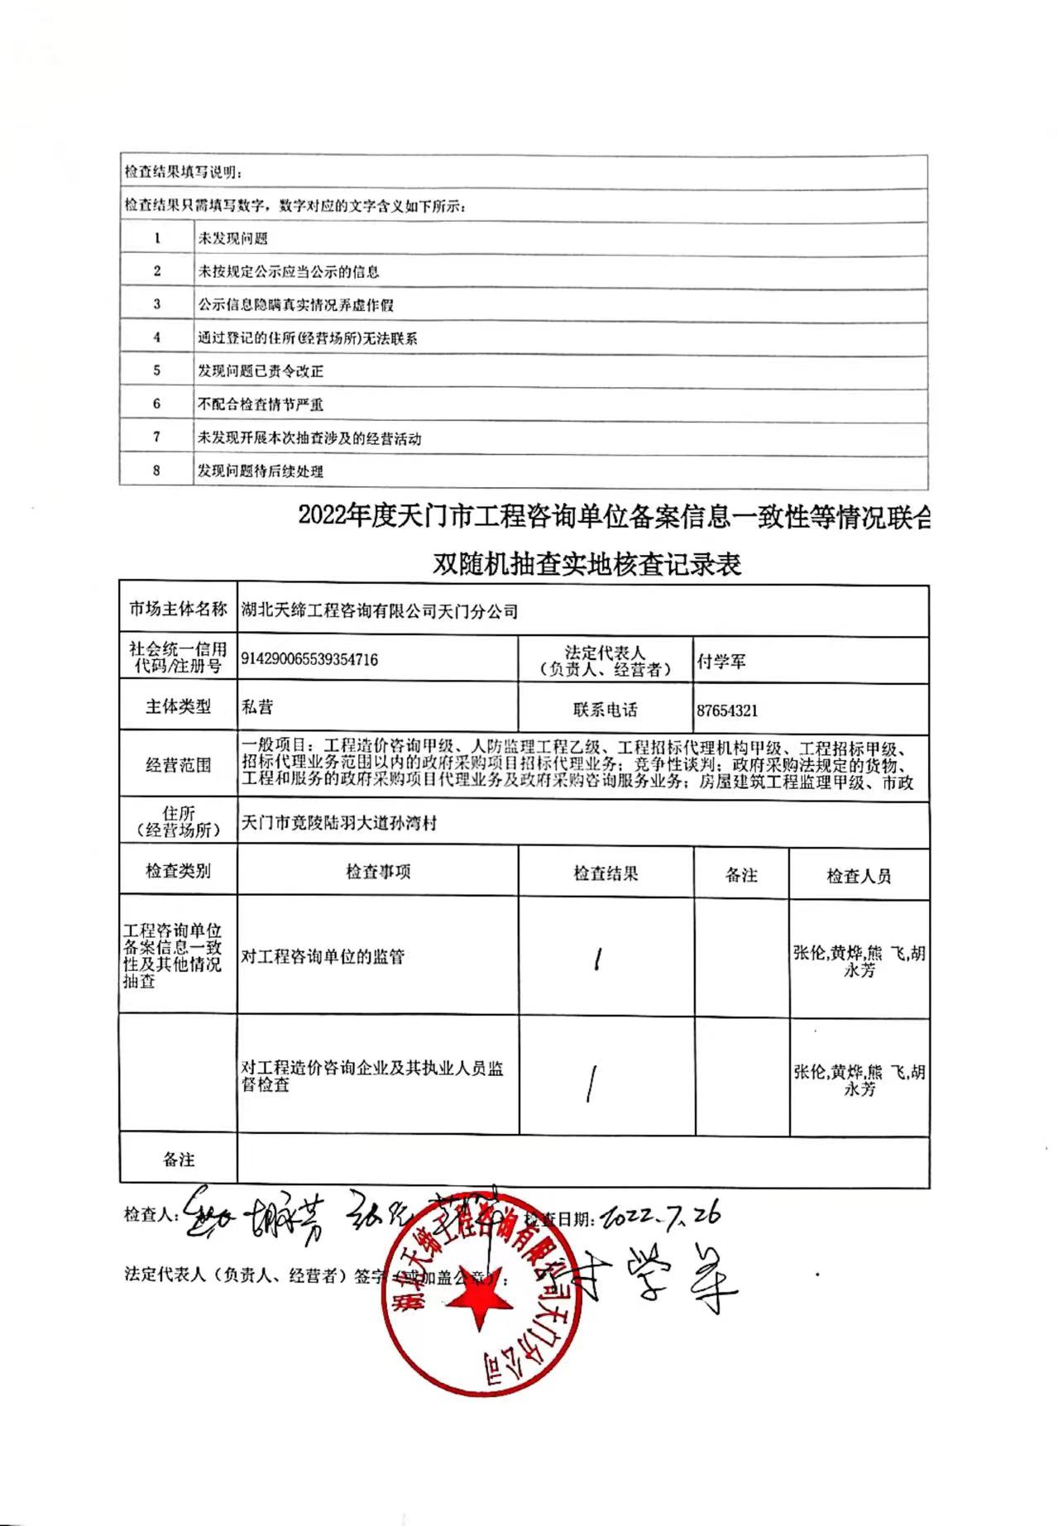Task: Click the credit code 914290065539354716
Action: tap(309, 659)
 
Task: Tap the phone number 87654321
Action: tap(727, 710)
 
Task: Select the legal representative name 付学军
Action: tap(721, 661)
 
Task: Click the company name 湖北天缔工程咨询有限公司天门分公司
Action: tap(379, 611)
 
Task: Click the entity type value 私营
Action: tap(257, 707)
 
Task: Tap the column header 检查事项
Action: tap(378, 872)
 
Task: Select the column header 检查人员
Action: tap(859, 876)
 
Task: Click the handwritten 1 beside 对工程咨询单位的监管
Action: tap(597, 959)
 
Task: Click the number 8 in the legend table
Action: tap(156, 471)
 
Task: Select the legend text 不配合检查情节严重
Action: tap(261, 404)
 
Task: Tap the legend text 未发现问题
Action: tap(232, 239)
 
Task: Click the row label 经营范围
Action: tap(178, 765)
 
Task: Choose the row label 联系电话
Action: tap(605, 710)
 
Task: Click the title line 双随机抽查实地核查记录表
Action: tap(587, 564)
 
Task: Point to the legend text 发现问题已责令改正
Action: tap(261, 371)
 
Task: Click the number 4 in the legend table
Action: tap(156, 337)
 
